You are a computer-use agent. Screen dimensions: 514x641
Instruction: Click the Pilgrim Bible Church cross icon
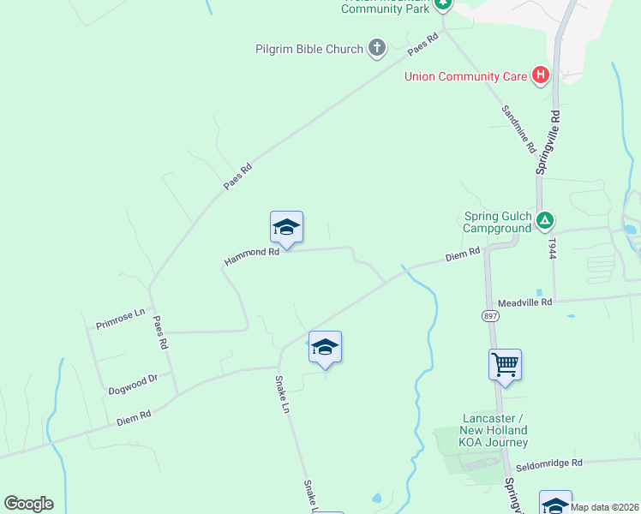point(376,49)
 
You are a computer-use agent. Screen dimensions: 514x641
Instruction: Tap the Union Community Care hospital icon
point(541,76)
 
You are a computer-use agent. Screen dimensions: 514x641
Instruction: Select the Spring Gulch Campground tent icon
point(545,222)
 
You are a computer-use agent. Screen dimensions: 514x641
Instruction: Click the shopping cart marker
point(506,365)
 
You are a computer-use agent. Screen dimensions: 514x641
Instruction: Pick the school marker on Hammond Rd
point(286,227)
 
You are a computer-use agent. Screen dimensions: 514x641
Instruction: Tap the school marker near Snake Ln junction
point(325,347)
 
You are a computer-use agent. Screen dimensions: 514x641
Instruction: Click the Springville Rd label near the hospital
point(548,142)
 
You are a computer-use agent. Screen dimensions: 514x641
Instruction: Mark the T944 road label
point(553,249)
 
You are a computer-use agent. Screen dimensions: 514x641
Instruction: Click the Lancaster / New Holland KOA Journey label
point(493,430)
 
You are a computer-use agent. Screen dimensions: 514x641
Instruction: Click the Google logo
point(28,504)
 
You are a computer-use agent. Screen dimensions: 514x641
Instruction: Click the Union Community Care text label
point(466,76)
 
